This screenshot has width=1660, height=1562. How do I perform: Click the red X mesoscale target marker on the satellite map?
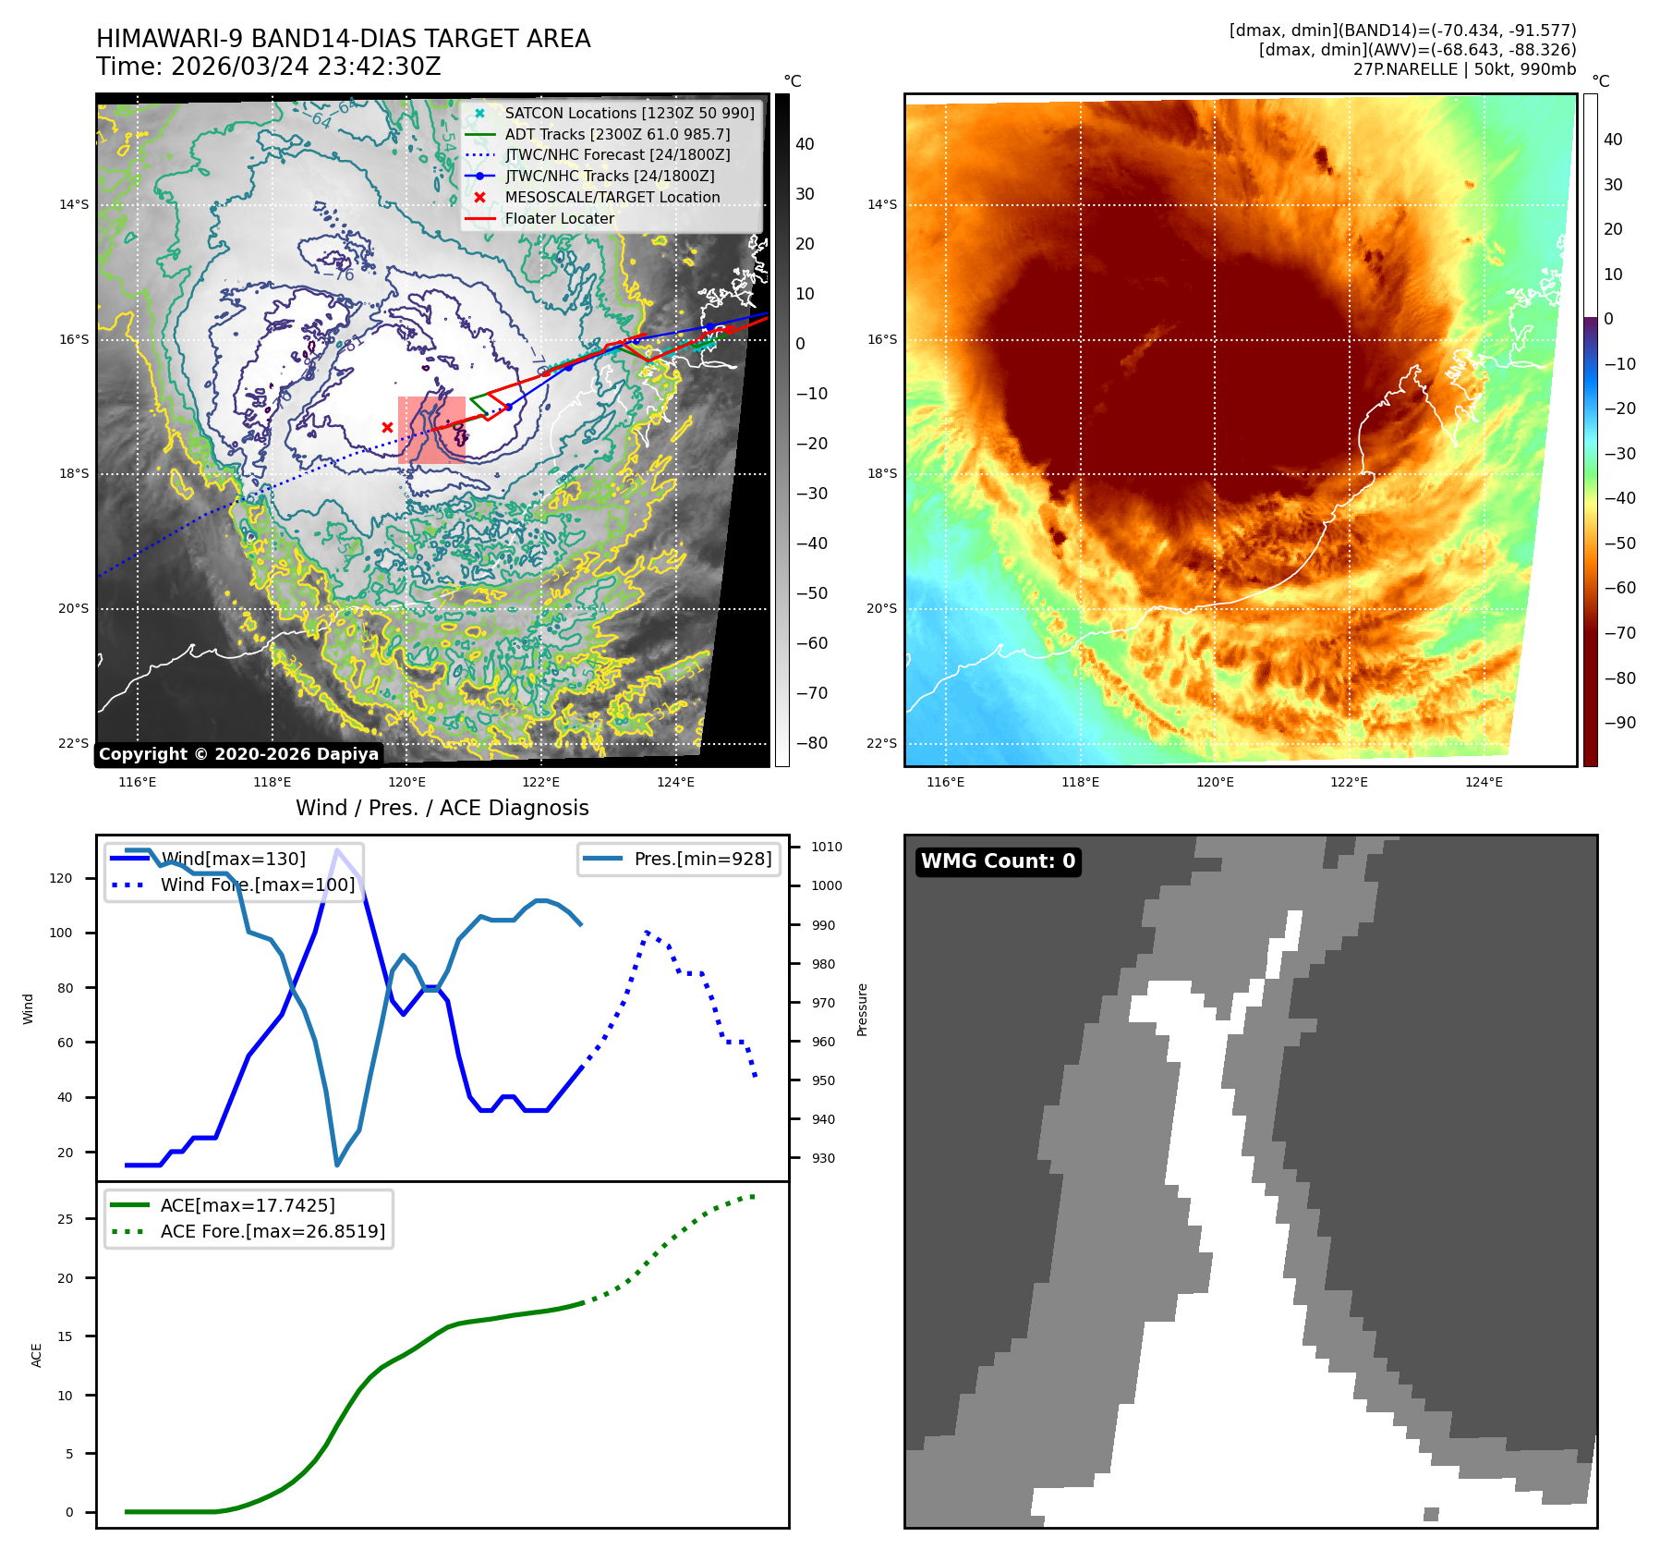[x=387, y=427]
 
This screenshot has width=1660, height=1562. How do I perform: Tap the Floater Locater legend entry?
[x=559, y=218]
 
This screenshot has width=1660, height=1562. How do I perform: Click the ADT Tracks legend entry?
[x=616, y=134]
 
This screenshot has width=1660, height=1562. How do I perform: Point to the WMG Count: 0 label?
[x=998, y=861]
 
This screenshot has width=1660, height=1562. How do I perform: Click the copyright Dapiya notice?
[x=238, y=754]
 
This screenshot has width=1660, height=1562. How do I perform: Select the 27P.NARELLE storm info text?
[x=1464, y=69]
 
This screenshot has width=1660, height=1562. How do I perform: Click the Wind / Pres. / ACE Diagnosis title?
[x=442, y=808]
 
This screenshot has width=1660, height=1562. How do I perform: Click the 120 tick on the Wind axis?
[x=61, y=878]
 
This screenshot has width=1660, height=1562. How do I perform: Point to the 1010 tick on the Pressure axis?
[x=827, y=847]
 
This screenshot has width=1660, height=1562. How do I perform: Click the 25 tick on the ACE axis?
[x=65, y=1219]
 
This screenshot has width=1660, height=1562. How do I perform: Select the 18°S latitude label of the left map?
[x=74, y=474]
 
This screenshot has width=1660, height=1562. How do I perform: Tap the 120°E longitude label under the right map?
[x=1215, y=782]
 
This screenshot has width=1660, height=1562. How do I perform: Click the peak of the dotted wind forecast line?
[x=647, y=932]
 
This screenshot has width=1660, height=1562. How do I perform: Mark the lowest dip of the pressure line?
[x=337, y=1165]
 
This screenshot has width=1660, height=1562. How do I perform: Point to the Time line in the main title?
[x=268, y=67]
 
